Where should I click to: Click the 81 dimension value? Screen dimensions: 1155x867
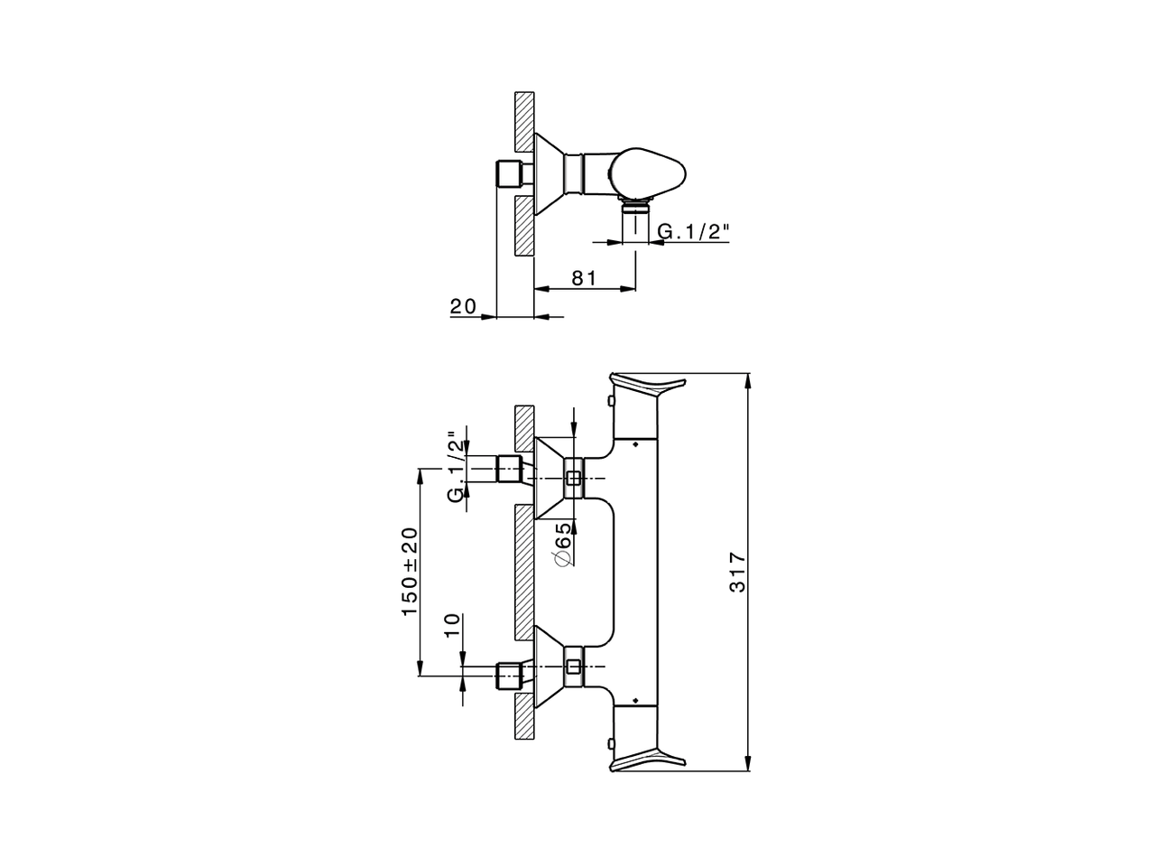tap(584, 278)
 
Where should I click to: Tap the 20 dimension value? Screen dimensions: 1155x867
tap(463, 306)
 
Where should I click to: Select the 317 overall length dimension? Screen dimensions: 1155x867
tap(738, 573)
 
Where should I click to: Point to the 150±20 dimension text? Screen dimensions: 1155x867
tap(410, 572)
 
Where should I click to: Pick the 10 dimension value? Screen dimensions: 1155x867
tap(453, 626)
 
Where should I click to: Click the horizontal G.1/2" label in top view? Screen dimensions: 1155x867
tap(694, 231)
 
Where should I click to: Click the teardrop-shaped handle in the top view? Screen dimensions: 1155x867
tap(647, 173)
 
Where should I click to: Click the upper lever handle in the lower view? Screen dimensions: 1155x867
tap(648, 386)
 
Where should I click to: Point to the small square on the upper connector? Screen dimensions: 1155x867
tap(574, 478)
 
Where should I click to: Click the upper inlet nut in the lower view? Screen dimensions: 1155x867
tap(509, 469)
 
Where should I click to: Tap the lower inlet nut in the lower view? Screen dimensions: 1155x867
tap(509, 676)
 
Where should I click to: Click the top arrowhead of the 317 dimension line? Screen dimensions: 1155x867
tap(749, 380)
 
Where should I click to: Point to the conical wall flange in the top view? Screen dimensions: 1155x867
tap(550, 173)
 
